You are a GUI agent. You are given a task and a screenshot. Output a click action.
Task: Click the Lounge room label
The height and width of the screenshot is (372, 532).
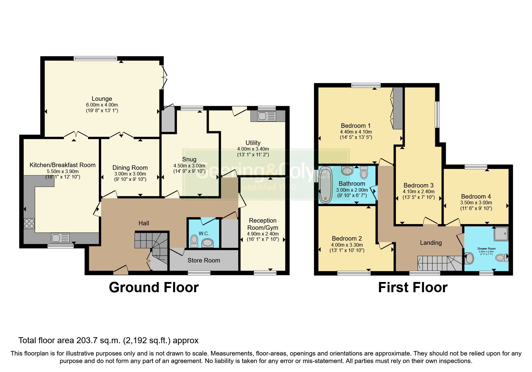(102, 99)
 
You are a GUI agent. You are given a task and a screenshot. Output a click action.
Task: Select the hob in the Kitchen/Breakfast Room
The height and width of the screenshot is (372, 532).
(29, 224)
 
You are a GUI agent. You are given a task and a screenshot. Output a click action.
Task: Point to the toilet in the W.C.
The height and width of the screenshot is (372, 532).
(194, 241)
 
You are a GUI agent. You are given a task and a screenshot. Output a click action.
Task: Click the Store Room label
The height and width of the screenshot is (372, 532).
(204, 260)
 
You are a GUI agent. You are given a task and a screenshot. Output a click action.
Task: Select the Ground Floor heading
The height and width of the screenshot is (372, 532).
(154, 287)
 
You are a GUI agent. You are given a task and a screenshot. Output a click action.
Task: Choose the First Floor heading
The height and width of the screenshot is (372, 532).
(412, 287)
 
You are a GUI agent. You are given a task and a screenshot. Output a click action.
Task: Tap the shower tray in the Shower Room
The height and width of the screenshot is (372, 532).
(501, 234)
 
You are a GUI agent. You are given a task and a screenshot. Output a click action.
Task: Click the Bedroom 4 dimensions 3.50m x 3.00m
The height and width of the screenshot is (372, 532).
(476, 203)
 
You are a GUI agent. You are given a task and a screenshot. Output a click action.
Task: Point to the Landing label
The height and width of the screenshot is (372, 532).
(430, 243)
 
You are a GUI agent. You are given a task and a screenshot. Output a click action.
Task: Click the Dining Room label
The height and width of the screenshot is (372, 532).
(130, 168)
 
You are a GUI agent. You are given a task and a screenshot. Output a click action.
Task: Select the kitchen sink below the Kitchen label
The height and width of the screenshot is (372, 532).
(60, 238)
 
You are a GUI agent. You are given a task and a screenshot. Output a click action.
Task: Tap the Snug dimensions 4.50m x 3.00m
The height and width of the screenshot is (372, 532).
(189, 166)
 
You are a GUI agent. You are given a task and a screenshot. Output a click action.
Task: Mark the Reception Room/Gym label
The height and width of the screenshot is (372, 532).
(263, 224)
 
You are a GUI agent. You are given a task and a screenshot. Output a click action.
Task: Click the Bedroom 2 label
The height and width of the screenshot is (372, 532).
(347, 238)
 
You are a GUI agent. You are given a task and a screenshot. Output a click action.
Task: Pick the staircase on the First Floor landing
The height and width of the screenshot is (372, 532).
(439, 263)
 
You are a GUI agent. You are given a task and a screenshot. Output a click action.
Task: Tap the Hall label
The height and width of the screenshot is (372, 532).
(144, 223)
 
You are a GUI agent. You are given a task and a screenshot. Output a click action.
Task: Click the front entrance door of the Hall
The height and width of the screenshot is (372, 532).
(121, 271)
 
